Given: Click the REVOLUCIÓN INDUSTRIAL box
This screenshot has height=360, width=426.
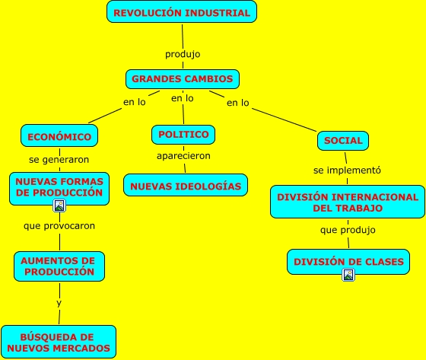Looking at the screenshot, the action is pyautogui.click(x=182, y=11).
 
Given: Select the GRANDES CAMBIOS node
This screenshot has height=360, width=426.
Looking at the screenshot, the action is pyautogui.click(x=183, y=79).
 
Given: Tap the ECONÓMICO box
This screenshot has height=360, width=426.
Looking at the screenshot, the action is pyautogui.click(x=59, y=135).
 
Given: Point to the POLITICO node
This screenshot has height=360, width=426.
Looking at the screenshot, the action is pyautogui.click(x=183, y=135).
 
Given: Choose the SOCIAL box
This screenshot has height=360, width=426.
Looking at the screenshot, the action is pyautogui.click(x=343, y=141).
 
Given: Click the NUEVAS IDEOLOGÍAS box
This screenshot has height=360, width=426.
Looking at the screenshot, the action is pyautogui.click(x=186, y=185).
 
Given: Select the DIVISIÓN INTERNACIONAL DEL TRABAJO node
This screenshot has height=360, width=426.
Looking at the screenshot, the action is pyautogui.click(x=348, y=202).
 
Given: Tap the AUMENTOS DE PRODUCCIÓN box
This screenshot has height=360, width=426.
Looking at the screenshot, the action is pyautogui.click(x=59, y=266).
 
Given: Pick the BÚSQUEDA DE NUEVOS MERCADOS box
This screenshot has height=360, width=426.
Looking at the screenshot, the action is pyautogui.click(x=59, y=342).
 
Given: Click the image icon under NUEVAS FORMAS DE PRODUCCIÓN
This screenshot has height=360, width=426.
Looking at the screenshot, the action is pyautogui.click(x=59, y=205).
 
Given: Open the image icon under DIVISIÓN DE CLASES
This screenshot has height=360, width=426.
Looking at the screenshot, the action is pyautogui.click(x=348, y=275).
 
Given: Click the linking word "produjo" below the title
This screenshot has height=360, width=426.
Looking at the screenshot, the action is pyautogui.click(x=183, y=54).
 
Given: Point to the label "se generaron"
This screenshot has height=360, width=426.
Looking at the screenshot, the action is pyautogui.click(x=59, y=159).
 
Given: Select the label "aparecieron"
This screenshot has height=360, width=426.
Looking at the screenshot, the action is pyautogui.click(x=183, y=156).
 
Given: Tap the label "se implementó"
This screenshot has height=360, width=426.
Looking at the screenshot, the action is pyautogui.click(x=347, y=170).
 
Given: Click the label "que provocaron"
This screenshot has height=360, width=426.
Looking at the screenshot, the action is pyautogui.click(x=59, y=226).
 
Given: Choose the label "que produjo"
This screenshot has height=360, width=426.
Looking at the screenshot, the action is pyautogui.click(x=348, y=230).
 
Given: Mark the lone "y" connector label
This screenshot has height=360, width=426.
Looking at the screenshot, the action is pyautogui.click(x=59, y=303).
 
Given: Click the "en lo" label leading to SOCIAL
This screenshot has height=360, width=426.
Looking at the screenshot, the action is pyautogui.click(x=237, y=103).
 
